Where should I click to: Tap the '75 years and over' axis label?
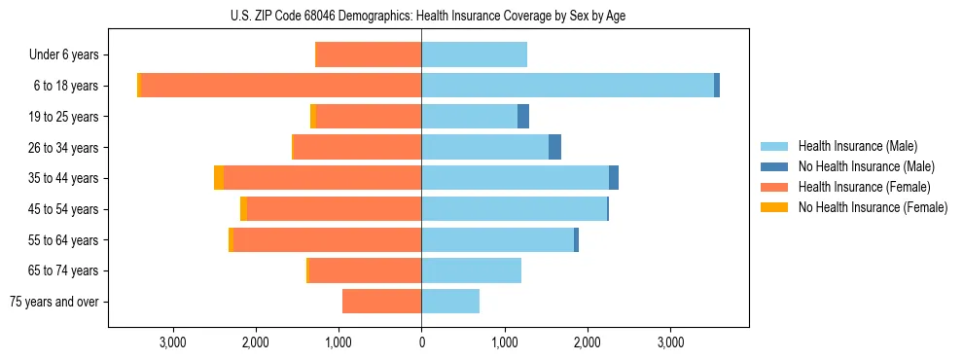(53, 302)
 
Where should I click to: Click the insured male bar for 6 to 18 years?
(567, 86)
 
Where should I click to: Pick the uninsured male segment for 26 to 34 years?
(554, 147)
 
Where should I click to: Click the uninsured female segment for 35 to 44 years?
(219, 178)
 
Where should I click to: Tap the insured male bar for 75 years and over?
(450, 302)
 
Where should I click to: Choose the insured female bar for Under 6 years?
(370, 55)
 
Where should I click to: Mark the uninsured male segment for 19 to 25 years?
(523, 117)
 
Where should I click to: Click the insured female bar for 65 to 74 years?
(365, 270)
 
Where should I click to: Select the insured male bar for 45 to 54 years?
(514, 209)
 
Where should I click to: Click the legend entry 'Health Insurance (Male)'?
(857, 146)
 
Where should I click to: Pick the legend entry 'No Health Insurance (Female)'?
(872, 207)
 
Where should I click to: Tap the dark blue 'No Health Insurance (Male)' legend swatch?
(774, 166)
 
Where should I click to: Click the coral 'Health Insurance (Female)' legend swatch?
(774, 187)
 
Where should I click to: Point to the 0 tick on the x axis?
(421, 342)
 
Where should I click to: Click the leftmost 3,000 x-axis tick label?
(172, 342)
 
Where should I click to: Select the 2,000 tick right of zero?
(587, 342)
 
